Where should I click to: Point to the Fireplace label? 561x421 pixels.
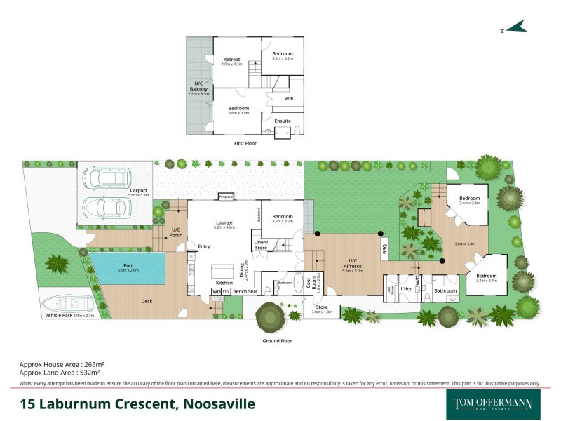(226, 196)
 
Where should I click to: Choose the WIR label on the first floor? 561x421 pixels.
(288, 99)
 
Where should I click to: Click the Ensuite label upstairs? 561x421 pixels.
(282, 121)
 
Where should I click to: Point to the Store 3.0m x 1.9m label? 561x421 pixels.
(321, 308)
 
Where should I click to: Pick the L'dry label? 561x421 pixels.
(405, 289)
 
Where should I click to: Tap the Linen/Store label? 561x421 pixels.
(262, 245)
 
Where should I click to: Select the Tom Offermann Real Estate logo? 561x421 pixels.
(489, 403)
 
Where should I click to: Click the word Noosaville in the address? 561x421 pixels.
(219, 404)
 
